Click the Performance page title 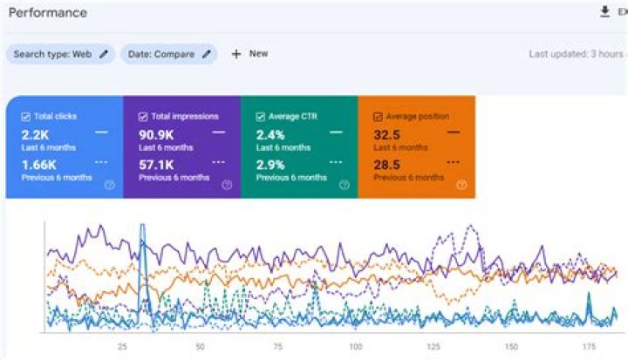pyautogui.click(x=48, y=13)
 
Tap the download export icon pyautogui.click(x=604, y=11)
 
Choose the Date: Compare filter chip pyautogui.click(x=169, y=54)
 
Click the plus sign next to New pyautogui.click(x=235, y=54)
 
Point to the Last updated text pyautogui.click(x=576, y=54)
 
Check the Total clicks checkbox pyautogui.click(x=25, y=117)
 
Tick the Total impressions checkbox pyautogui.click(x=142, y=117)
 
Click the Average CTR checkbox pyautogui.click(x=260, y=117)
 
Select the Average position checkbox pyautogui.click(x=377, y=117)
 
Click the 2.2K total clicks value pyautogui.click(x=37, y=134)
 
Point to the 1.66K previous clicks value pyautogui.click(x=39, y=164)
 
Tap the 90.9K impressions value pyautogui.click(x=158, y=134)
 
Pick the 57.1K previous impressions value pyautogui.click(x=156, y=164)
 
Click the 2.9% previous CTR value pyautogui.click(x=271, y=164)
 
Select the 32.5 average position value pyautogui.click(x=387, y=134)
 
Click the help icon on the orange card pyautogui.click(x=461, y=185)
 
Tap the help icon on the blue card pyautogui.click(x=109, y=185)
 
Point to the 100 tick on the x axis pyautogui.click(x=355, y=346)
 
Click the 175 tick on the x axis pyautogui.click(x=589, y=346)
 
